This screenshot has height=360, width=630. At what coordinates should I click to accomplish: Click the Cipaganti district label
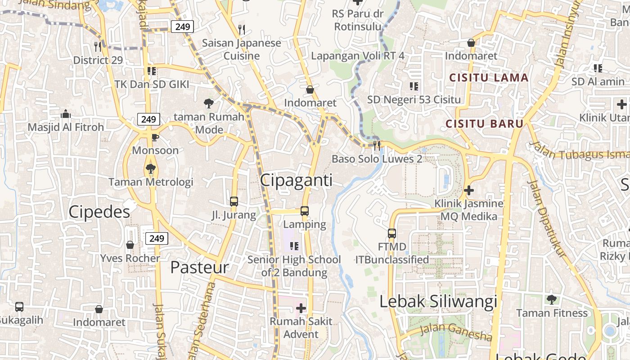pyautogui.click(x=297, y=180)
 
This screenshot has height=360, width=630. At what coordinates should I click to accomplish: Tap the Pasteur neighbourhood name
pyautogui.click(x=199, y=267)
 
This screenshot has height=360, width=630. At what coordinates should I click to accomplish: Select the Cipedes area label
pyautogui.click(x=99, y=212)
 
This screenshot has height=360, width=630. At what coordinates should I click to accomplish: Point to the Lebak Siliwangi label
pyautogui.click(x=438, y=301)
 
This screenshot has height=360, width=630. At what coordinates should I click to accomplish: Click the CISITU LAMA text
pyautogui.click(x=489, y=78)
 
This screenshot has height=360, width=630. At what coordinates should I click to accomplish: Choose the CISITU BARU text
pyautogui.click(x=484, y=124)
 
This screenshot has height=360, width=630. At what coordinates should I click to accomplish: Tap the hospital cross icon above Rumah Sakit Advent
pyautogui.click(x=301, y=308)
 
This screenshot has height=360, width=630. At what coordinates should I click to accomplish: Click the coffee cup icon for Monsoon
pyautogui.click(x=155, y=137)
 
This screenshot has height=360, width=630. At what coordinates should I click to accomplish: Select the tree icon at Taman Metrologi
pyautogui.click(x=150, y=169)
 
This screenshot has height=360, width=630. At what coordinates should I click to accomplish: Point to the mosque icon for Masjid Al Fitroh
pyautogui.click(x=66, y=114)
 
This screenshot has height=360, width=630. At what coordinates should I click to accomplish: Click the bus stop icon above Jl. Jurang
pyautogui.click(x=234, y=202)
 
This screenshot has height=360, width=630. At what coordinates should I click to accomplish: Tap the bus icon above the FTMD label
pyautogui.click(x=392, y=234)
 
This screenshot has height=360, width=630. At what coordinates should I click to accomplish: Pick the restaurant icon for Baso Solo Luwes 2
pyautogui.click(x=377, y=145)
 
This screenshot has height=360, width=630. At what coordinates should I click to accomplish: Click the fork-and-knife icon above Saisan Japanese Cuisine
pyautogui.click(x=242, y=30)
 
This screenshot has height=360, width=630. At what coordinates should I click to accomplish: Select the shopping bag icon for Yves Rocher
pyautogui.click(x=130, y=245)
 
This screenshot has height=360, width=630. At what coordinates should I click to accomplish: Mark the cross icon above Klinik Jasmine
pyautogui.click(x=468, y=190)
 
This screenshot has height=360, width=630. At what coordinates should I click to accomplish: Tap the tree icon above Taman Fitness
pyautogui.click(x=551, y=300)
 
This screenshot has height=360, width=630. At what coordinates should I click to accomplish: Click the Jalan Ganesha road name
pyautogui.click(x=456, y=333)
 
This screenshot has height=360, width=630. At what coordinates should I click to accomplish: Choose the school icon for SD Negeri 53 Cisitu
pyautogui.click(x=414, y=86)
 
